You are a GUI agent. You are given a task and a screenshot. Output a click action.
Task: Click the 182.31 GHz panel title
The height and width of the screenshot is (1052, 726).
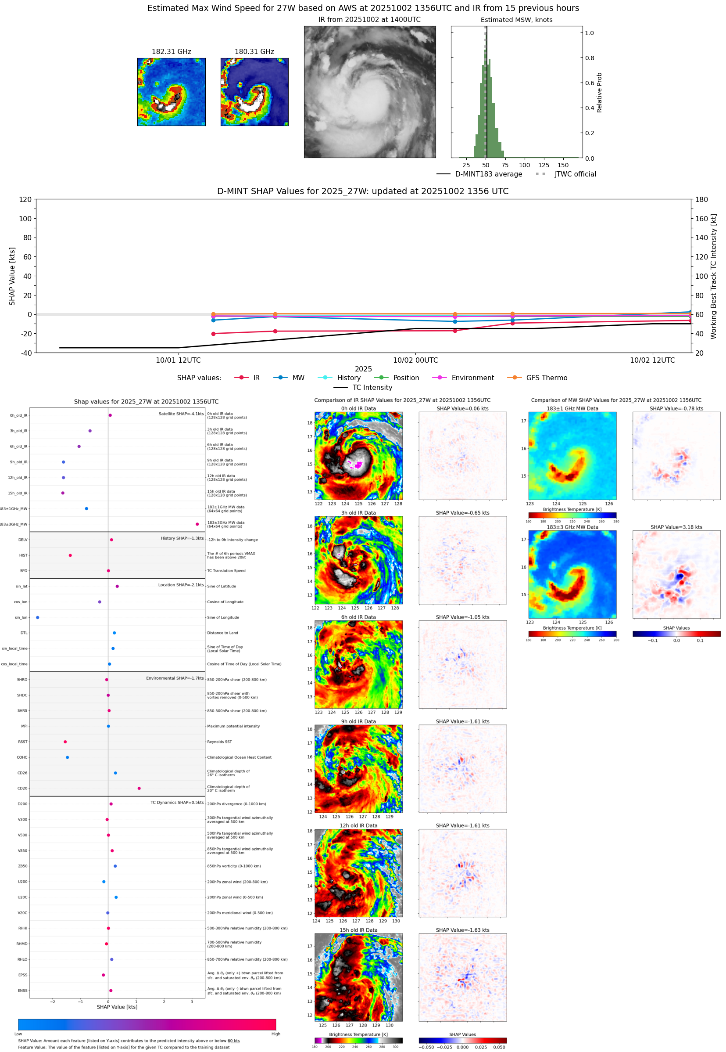(x=171, y=52)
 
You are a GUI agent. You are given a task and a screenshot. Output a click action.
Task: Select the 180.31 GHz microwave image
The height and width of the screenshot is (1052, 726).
(x=254, y=92)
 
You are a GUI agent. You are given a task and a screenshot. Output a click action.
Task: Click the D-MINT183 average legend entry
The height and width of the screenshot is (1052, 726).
(x=488, y=174)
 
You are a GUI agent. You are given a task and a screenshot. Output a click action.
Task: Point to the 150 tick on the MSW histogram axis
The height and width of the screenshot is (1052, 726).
(x=563, y=165)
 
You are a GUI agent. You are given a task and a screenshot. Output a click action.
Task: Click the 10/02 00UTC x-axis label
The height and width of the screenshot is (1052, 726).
(x=415, y=360)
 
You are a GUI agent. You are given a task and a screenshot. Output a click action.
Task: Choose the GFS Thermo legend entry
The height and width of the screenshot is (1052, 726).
(x=546, y=378)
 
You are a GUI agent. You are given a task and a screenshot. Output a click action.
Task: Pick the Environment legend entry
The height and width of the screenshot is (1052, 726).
(x=472, y=378)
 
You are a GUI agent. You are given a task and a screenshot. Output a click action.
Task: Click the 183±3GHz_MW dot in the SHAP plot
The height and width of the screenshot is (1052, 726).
(x=197, y=524)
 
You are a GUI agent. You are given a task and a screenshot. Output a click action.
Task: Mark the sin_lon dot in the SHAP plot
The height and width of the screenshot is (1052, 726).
(x=37, y=618)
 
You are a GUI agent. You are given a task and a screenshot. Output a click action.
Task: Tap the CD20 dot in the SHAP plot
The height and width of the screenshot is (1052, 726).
(x=139, y=789)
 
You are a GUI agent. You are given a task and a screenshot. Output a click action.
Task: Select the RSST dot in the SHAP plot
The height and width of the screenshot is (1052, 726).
(x=65, y=742)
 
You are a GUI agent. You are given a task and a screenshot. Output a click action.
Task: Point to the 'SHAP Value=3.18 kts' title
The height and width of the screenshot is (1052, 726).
(x=676, y=527)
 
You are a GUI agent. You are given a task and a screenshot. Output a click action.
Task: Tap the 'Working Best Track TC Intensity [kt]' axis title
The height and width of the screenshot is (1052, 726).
(x=713, y=276)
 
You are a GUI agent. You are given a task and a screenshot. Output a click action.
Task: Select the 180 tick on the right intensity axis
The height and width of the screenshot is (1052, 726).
(x=701, y=199)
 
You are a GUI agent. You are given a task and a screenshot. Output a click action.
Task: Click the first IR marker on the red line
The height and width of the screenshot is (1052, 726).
(x=213, y=334)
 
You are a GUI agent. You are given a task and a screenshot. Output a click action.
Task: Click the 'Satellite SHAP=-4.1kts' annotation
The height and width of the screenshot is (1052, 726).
(x=181, y=414)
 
